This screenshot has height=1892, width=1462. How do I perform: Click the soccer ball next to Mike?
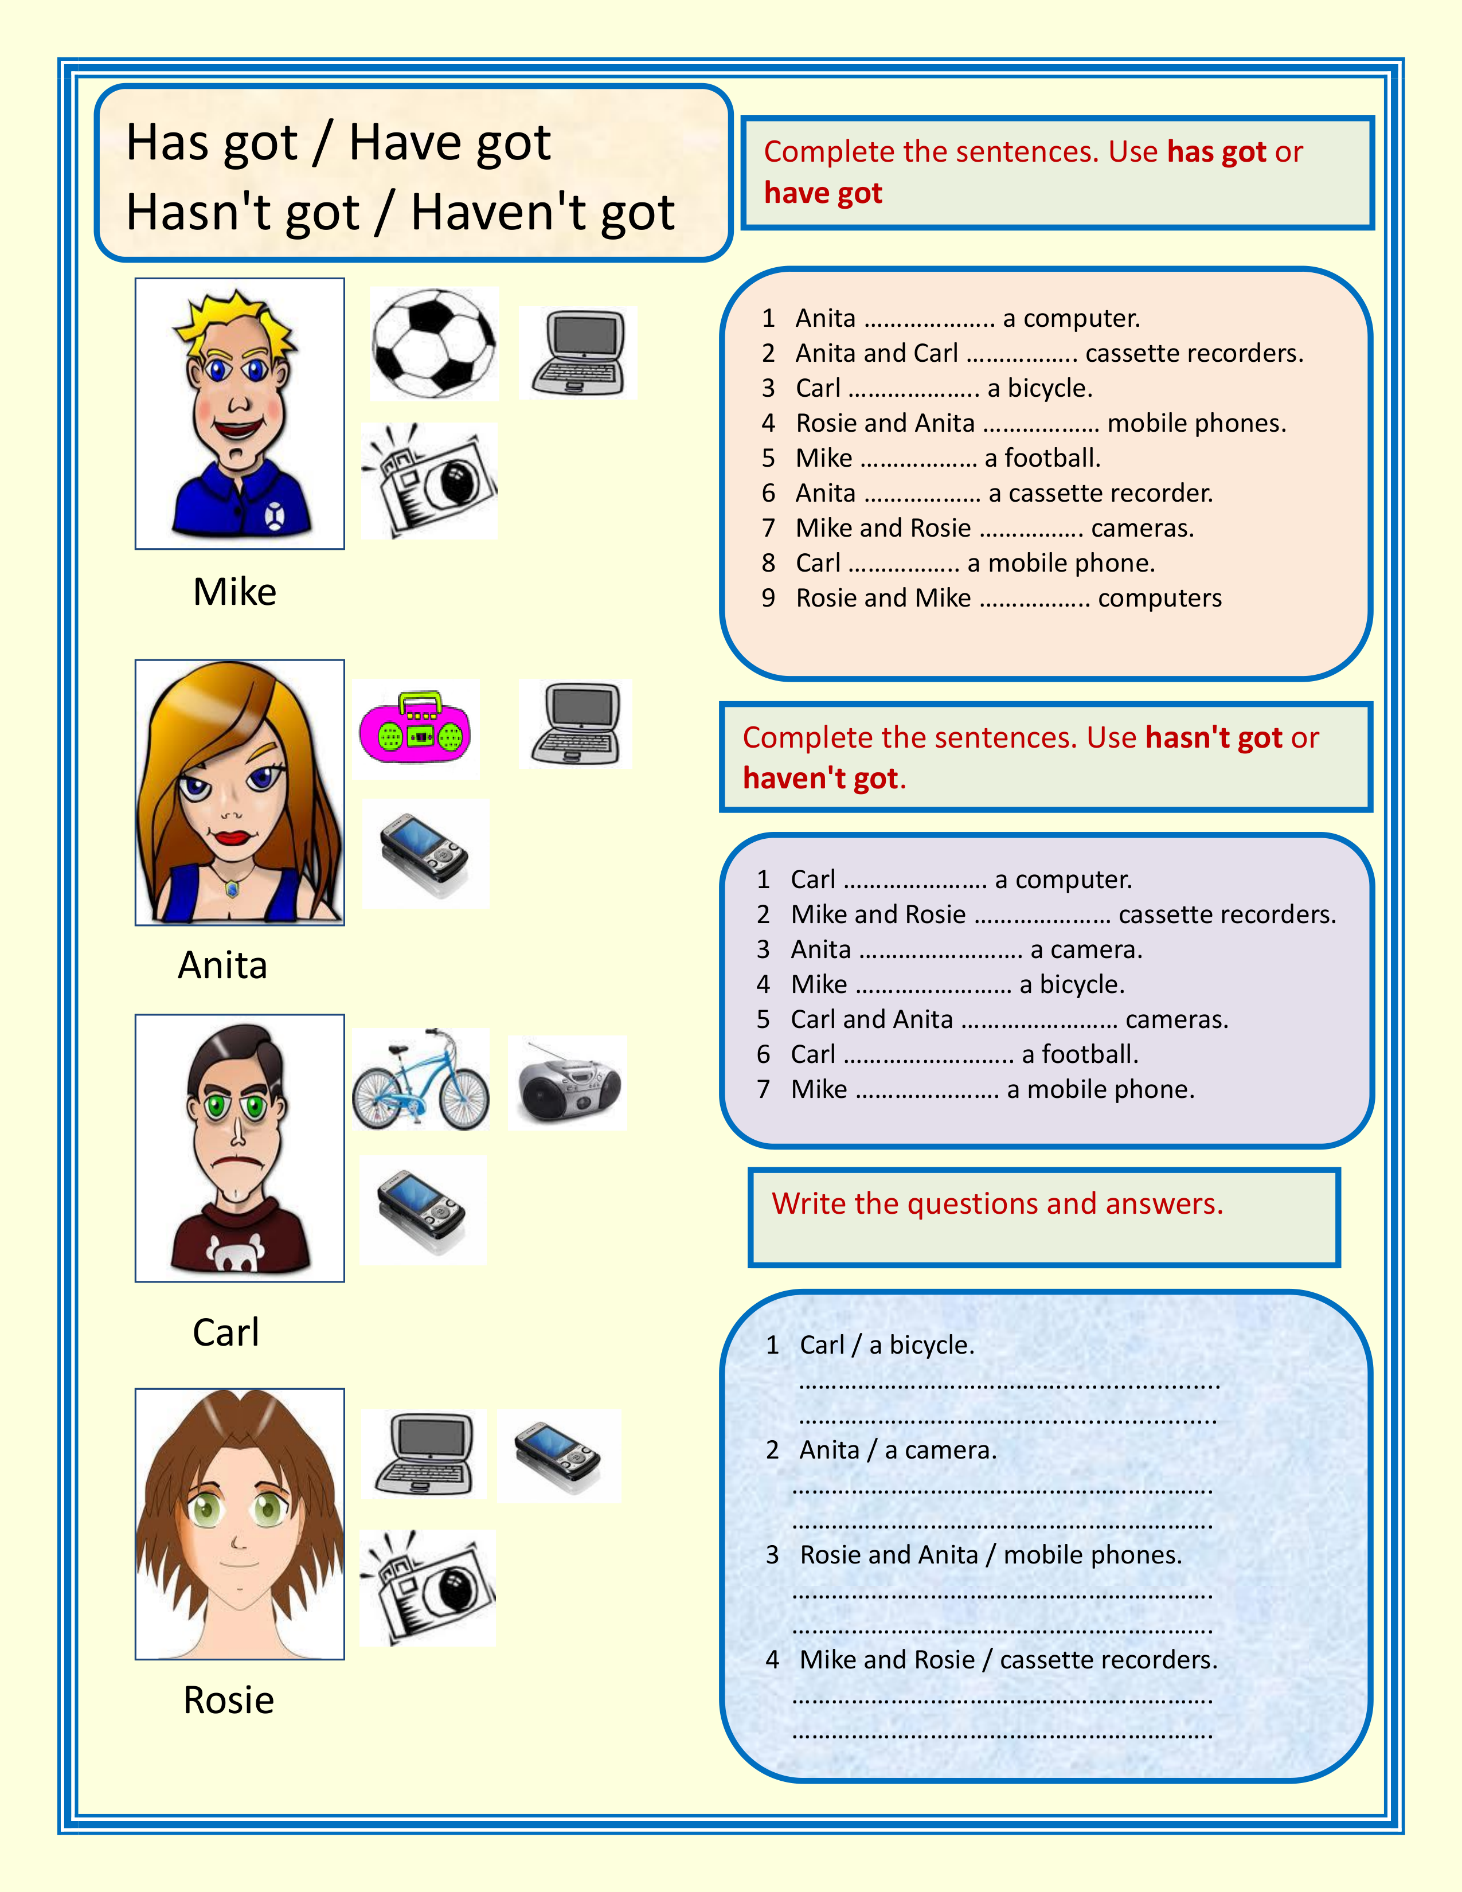tap(434, 344)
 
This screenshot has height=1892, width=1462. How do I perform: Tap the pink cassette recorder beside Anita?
tap(415, 729)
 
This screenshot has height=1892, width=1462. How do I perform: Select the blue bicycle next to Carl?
tap(421, 1080)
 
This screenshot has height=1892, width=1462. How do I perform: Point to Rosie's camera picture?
tap(428, 1587)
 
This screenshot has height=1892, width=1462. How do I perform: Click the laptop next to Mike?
tap(578, 353)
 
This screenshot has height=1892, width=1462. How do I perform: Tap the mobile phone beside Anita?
tap(424, 853)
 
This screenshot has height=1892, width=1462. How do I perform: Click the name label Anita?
tap(222, 965)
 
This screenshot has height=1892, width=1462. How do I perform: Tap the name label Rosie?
tap(229, 1701)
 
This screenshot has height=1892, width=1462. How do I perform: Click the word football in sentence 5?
tap(1051, 458)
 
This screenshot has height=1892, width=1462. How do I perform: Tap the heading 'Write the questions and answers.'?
tap(997, 1204)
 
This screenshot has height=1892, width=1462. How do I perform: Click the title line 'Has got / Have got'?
tap(338, 143)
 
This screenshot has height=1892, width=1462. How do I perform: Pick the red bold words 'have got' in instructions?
tap(823, 193)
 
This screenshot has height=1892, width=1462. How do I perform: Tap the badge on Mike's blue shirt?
tap(275, 517)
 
